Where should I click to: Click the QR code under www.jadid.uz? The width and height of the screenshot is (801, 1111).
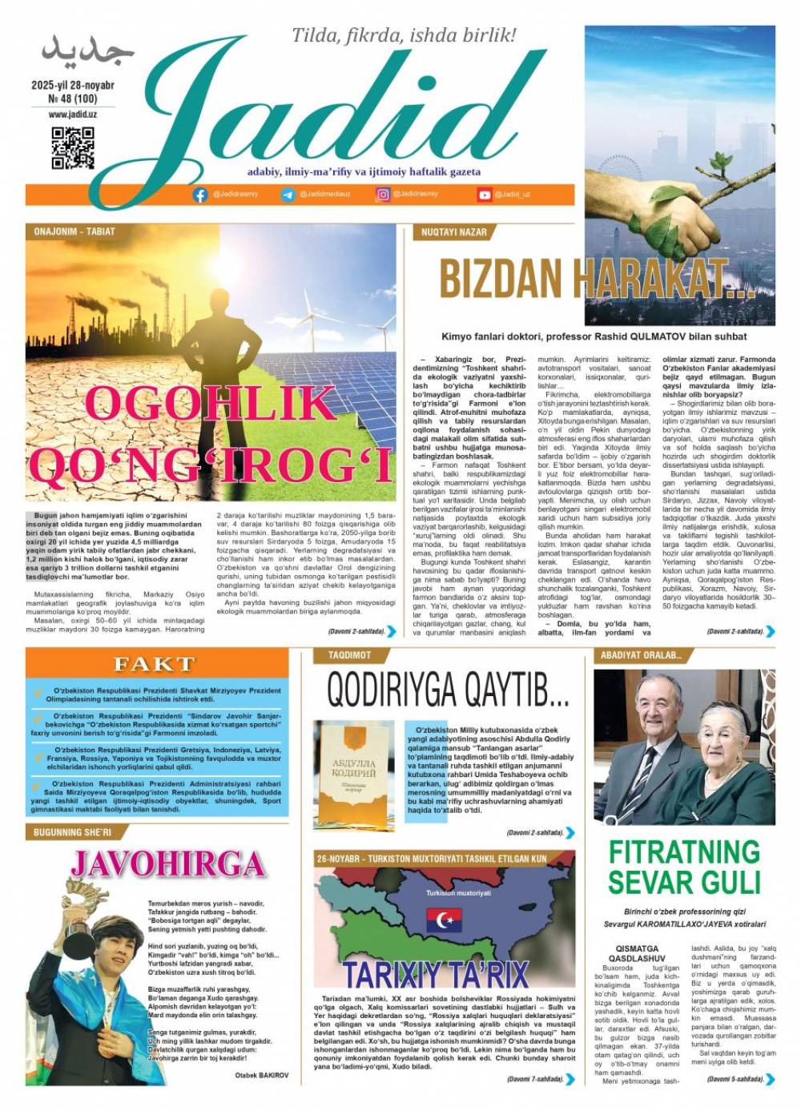73,148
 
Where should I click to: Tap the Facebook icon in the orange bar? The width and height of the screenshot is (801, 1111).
200,195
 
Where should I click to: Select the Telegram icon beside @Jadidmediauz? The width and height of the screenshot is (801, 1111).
288,195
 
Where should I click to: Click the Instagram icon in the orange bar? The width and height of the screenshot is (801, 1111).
384,195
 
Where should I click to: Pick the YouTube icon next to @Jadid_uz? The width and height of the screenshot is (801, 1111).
485,195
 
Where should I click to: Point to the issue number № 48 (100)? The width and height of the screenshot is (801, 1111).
73,99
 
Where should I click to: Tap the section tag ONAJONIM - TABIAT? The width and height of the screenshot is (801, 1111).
74,231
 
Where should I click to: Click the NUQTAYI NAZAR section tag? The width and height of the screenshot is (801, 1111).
454,232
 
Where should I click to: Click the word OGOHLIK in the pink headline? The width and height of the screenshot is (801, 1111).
210,404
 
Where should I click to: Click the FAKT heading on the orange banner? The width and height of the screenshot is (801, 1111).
155,663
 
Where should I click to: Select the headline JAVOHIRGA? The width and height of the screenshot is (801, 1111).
167,864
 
